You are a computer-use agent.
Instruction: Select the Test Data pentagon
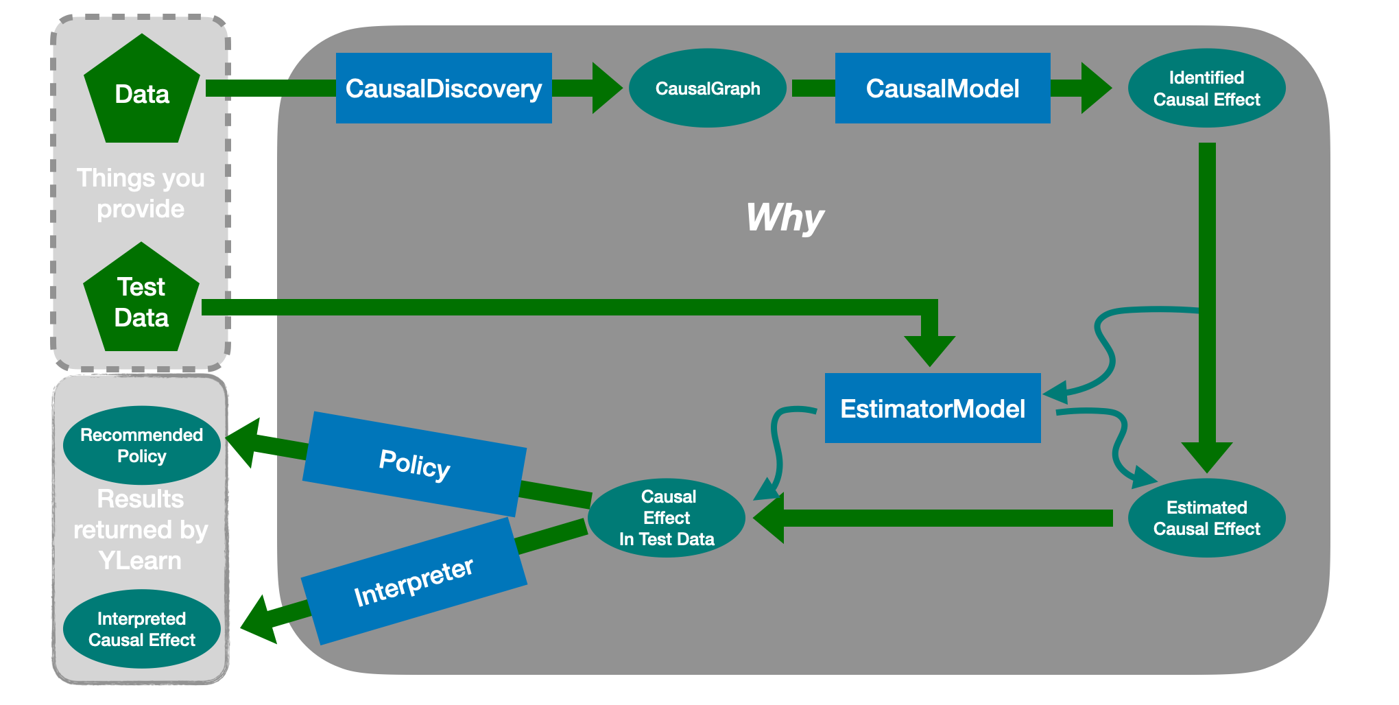[141, 302]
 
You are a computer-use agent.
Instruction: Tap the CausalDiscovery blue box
[444, 88]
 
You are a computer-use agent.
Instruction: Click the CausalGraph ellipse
[707, 88]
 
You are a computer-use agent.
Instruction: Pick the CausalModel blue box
[942, 88]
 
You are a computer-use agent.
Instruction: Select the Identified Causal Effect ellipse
[1206, 88]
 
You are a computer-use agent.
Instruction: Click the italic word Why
[785, 218]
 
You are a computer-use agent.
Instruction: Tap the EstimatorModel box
[933, 409]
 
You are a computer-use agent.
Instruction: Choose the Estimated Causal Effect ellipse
[1206, 518]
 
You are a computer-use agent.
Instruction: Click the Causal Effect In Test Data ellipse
[667, 518]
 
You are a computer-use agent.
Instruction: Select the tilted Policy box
[414, 464]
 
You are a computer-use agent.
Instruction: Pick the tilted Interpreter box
[414, 582]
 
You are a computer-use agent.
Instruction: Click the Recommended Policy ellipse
[141, 445]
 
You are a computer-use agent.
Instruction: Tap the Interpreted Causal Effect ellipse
[141, 629]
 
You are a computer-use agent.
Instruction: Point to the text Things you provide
[141, 193]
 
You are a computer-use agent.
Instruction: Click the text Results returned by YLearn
[141, 529]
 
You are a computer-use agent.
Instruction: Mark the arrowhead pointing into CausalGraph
[606, 88]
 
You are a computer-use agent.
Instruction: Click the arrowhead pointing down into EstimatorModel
[929, 350]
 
